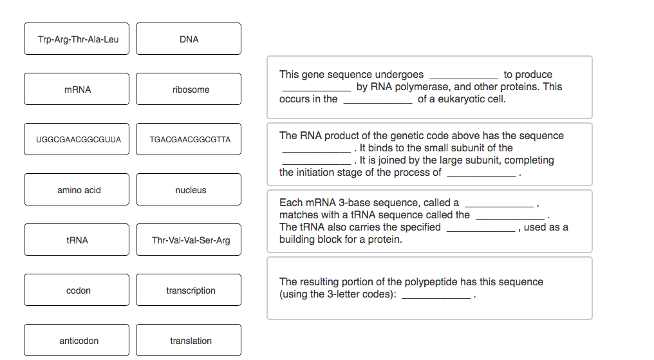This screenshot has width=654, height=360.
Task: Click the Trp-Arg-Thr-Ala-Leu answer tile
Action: (77, 39)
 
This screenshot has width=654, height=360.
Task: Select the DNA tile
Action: (189, 39)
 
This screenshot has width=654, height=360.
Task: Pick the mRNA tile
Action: (77, 89)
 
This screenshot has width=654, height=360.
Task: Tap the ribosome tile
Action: (189, 89)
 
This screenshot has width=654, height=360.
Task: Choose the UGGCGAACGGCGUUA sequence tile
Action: (77, 139)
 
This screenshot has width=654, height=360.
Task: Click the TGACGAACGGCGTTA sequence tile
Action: (189, 139)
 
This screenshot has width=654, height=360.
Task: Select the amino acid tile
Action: (77, 189)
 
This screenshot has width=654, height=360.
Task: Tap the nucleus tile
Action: (189, 189)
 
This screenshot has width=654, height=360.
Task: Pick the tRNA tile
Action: (77, 240)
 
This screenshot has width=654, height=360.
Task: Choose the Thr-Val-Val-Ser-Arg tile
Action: (189, 240)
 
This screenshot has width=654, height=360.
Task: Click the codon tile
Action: (77, 290)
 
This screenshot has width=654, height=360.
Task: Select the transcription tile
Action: (189, 290)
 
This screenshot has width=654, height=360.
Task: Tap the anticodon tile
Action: (77, 340)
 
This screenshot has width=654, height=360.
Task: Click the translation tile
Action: (189, 340)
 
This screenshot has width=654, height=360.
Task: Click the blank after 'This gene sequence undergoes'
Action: (464, 78)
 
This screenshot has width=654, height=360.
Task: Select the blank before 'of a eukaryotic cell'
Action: (378, 102)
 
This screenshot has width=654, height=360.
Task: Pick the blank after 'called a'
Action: (500, 206)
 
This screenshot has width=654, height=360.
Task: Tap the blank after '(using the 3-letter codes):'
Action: (436, 298)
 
